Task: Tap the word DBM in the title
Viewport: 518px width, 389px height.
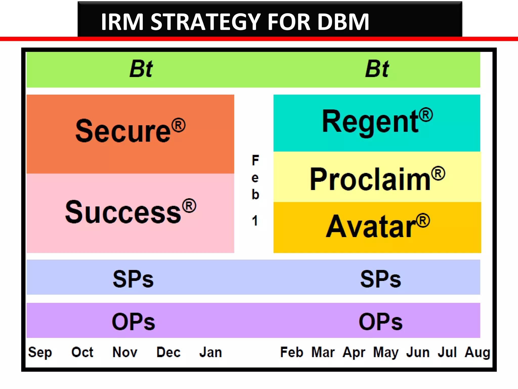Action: tap(343, 22)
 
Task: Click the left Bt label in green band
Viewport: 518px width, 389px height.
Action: tap(141, 69)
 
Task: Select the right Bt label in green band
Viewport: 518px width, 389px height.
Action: tap(377, 69)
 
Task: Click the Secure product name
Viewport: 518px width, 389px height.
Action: tap(123, 131)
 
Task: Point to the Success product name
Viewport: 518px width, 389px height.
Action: tap(123, 212)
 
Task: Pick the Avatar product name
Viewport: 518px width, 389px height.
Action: tap(371, 226)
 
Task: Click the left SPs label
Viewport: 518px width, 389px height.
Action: tap(133, 279)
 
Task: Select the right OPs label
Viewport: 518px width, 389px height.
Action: tap(380, 322)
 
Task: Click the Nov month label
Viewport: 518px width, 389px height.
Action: tap(125, 352)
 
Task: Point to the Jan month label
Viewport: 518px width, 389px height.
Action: tap(210, 352)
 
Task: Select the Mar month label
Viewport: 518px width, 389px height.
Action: tap(323, 352)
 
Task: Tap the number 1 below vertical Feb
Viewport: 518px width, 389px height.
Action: tap(255, 221)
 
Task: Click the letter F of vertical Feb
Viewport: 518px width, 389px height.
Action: tap(255, 160)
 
